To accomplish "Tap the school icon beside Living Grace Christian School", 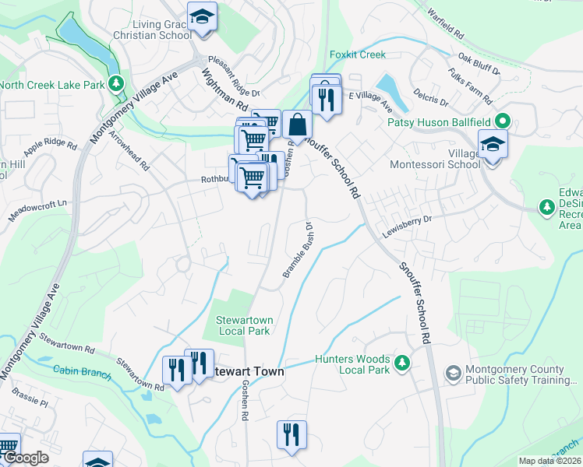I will pyautogui.click(x=202, y=17).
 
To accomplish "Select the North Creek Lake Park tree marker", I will pyautogui.click(x=116, y=82).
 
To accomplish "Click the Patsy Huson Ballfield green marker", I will pyautogui.click(x=503, y=121).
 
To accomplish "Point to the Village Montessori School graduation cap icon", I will pyautogui.click(x=492, y=145).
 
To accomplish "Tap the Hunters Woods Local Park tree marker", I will pyautogui.click(x=401, y=363).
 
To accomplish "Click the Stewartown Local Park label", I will pyautogui.click(x=242, y=325).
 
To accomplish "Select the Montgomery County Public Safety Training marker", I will pyautogui.click(x=452, y=374).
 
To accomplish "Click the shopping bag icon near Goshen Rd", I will pyautogui.click(x=297, y=125).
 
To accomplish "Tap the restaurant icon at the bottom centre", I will pyautogui.click(x=291, y=434).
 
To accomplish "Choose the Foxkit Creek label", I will pyautogui.click(x=358, y=54).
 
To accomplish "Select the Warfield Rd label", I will pyautogui.click(x=445, y=13).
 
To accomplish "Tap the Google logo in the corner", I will pyautogui.click(x=25, y=458).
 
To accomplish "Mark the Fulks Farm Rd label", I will pyautogui.click(x=470, y=86).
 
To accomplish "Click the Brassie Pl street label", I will pyautogui.click(x=30, y=404).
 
